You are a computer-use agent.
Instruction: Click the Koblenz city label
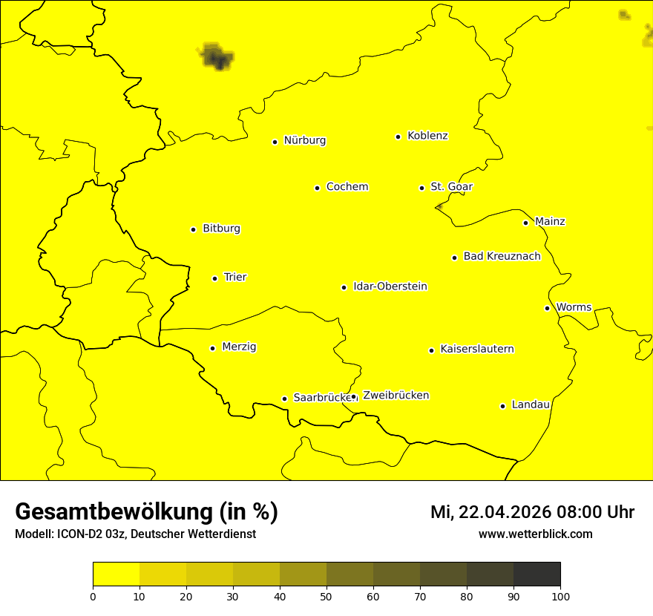pos(427,136)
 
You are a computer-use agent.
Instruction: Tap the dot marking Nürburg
pos(275,142)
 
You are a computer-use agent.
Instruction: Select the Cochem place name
pos(347,187)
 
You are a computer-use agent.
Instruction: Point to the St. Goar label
pos(451,187)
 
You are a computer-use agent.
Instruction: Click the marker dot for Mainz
pos(525,223)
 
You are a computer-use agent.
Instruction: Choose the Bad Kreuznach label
pos(502,257)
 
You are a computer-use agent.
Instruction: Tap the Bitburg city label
pos(221,229)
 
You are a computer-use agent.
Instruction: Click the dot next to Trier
pos(214,278)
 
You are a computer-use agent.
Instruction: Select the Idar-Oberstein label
pos(390,286)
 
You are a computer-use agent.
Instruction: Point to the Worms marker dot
pos(547,308)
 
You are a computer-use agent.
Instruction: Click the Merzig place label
pos(239,347)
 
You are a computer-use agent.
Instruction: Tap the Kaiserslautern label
pos(477,350)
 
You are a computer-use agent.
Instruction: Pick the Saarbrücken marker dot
pos(284,399)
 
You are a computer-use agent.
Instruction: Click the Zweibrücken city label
pos(396,396)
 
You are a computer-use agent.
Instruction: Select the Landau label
pos(531,405)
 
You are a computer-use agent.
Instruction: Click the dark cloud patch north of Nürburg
pos(216,56)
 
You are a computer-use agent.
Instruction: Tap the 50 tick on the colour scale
pos(326,596)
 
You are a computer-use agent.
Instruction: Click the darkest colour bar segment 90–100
pos(536,574)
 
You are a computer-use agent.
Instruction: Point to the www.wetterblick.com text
pos(536,534)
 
